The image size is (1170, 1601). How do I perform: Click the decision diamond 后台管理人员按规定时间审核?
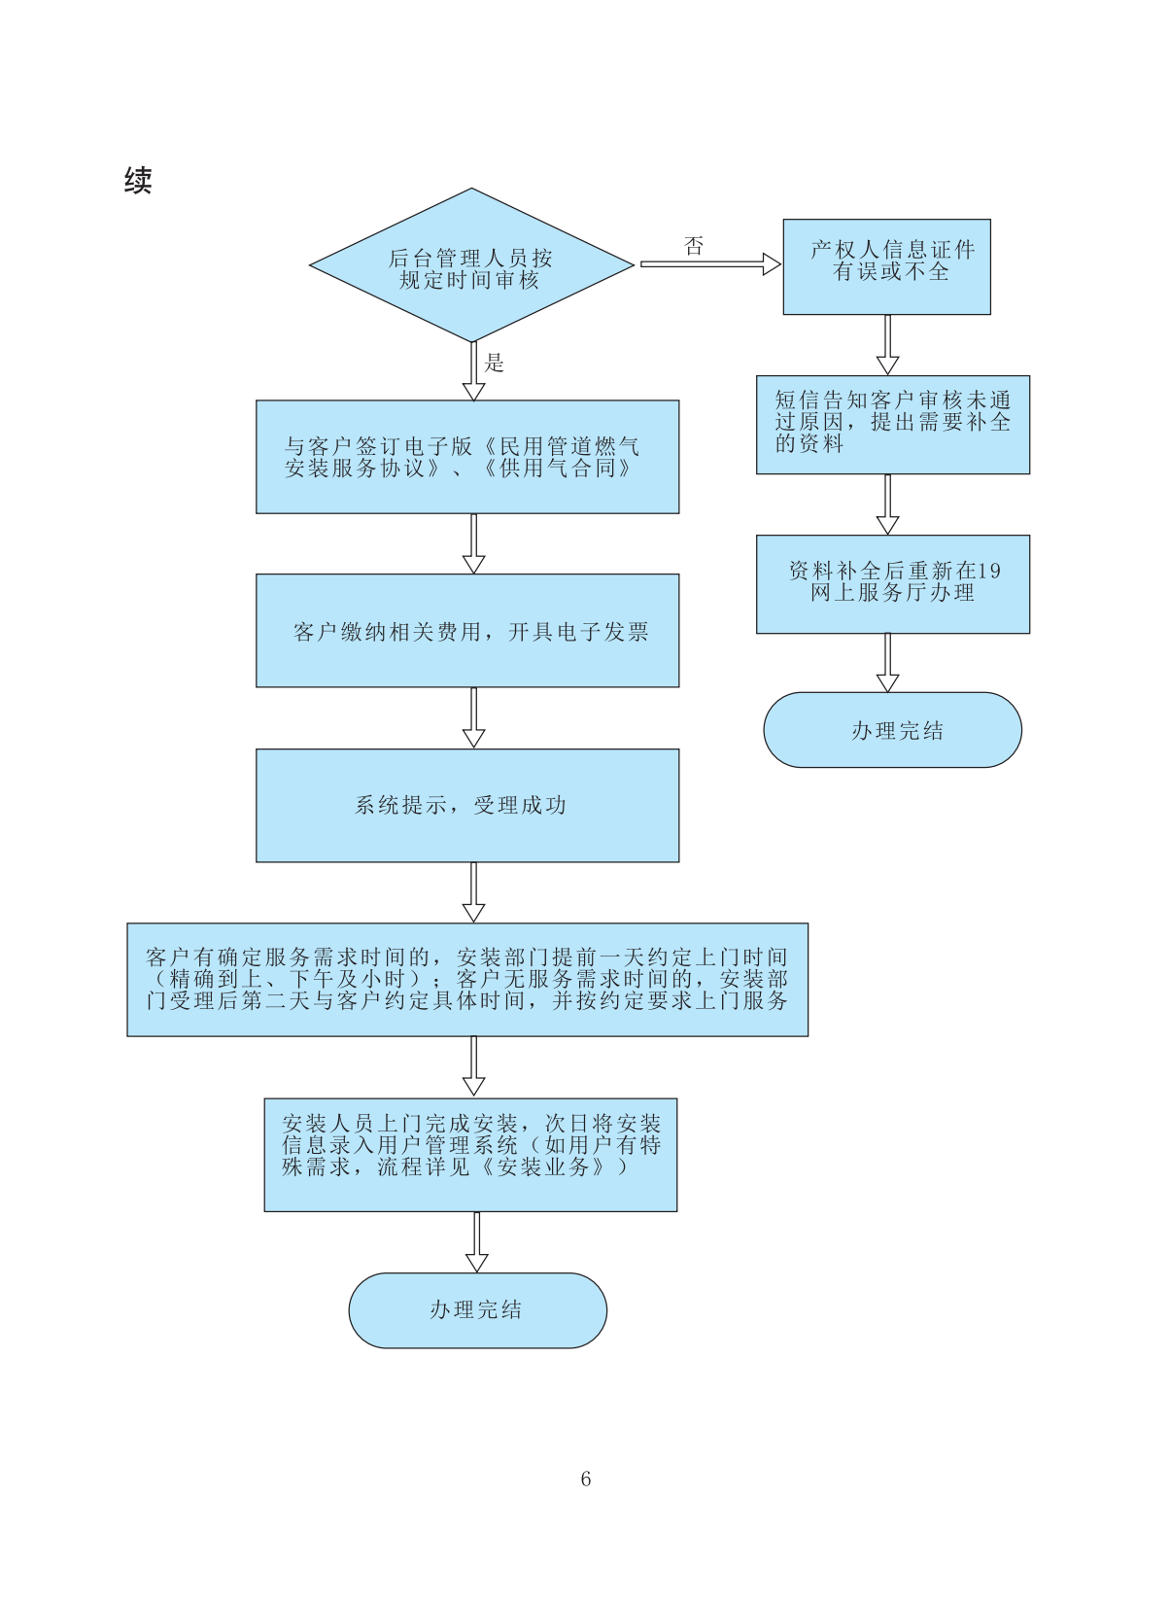point(471,265)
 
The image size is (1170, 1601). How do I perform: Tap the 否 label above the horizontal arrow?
point(694,246)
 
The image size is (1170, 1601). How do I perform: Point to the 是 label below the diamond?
point(495,364)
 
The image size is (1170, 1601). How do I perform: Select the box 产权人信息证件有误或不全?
point(886,266)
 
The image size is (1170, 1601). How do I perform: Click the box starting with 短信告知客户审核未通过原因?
point(892,425)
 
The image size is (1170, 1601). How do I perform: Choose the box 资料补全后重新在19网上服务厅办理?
point(892,584)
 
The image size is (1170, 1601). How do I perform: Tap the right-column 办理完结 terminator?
point(892,730)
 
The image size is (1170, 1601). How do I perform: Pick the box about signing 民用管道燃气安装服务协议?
point(467,457)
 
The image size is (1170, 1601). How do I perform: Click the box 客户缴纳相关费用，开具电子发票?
point(467,631)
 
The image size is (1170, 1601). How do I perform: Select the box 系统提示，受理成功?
point(467,805)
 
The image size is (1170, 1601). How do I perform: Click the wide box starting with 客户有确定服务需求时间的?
point(467,980)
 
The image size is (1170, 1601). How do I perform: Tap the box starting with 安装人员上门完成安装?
point(470,1155)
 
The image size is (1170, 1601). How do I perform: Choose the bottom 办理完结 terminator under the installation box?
point(477,1310)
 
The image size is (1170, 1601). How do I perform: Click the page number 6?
point(585,1479)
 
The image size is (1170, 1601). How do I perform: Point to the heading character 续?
point(138,181)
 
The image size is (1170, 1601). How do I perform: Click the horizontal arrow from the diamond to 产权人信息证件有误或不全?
point(709,264)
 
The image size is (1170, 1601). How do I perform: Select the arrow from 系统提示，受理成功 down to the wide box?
point(473,892)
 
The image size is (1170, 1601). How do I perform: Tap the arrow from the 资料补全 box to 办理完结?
point(887,663)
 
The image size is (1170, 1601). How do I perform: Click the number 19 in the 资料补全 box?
point(988,572)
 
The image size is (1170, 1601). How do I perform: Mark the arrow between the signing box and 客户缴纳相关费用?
point(473,543)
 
